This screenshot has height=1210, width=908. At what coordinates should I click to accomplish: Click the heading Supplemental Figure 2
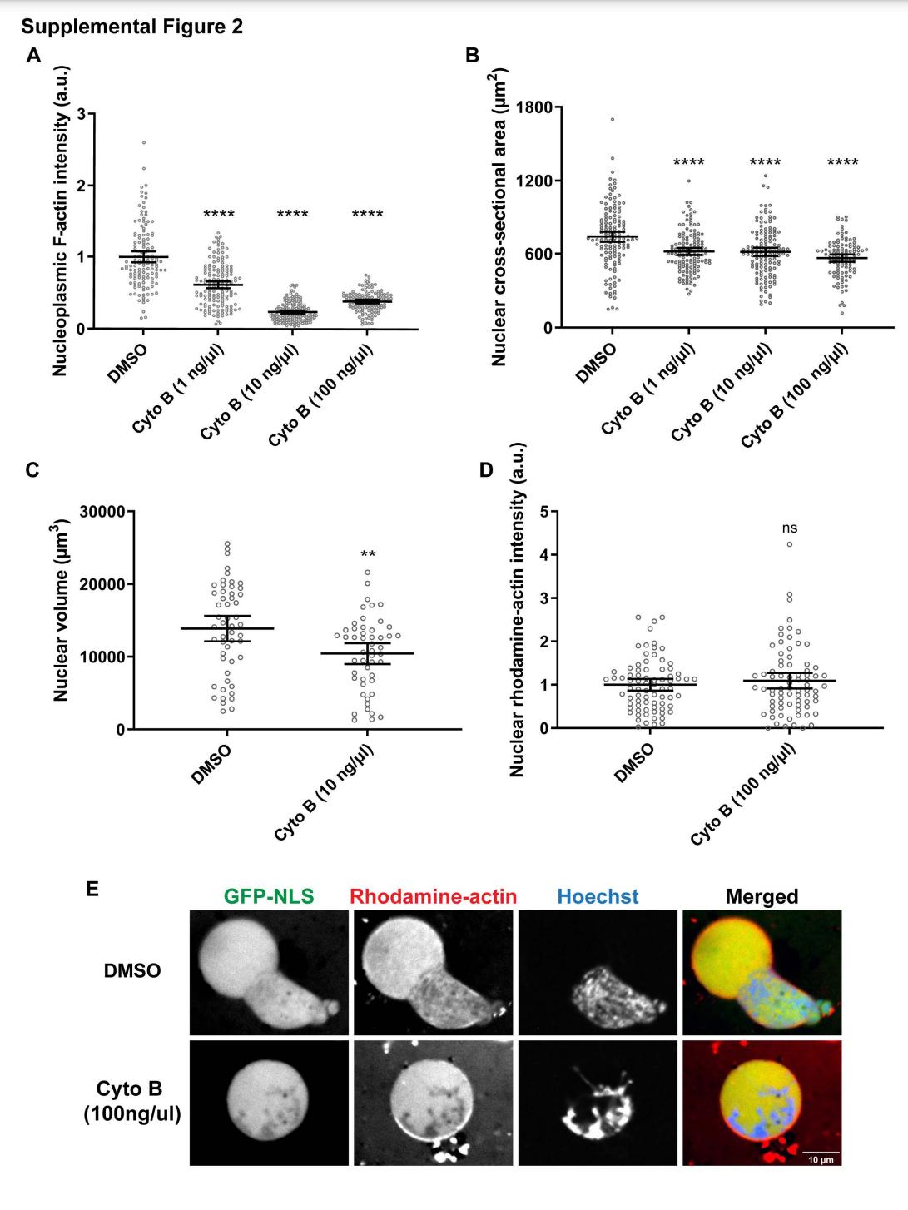pos(132,27)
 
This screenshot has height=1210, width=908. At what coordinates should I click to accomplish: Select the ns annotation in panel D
pos(789,528)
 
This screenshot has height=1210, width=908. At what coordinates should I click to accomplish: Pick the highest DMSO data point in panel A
pos(143,143)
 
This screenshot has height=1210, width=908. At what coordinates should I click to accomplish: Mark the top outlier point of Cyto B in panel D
pos(789,544)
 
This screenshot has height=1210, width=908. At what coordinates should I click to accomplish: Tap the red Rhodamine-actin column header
pos(434,896)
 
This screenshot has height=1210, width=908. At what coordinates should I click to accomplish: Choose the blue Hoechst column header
pos(598,896)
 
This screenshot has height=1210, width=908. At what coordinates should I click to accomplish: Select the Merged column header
pos(762,896)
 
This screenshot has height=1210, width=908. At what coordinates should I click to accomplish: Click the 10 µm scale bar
pos(820,1153)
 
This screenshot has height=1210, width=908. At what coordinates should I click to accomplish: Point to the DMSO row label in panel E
pos(132,970)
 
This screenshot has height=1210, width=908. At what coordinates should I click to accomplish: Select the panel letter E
pos(93,889)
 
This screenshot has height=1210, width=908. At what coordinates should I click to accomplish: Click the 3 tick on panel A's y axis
pos(80,113)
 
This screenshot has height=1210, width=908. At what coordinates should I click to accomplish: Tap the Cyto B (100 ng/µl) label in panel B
pos(795,391)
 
